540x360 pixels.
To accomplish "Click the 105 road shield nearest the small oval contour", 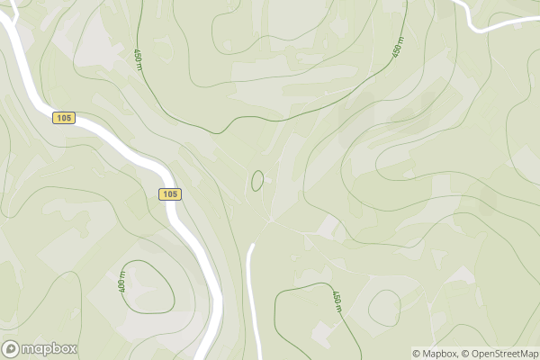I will pyautogui.click(x=170, y=193).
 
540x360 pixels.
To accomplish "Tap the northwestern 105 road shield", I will pyautogui.click(x=63, y=118).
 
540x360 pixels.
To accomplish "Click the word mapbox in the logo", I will pyautogui.click(x=49, y=349).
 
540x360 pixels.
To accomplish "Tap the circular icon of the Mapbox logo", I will pyautogui.click(x=12, y=349).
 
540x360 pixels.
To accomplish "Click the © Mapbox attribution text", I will pyautogui.click(x=438, y=354).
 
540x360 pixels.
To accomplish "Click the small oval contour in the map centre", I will pyautogui.click(x=257, y=180).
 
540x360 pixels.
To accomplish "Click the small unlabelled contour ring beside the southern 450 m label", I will pyautogui.click(x=384, y=308).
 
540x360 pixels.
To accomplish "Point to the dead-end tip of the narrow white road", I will pyautogui.click(x=253, y=246).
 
